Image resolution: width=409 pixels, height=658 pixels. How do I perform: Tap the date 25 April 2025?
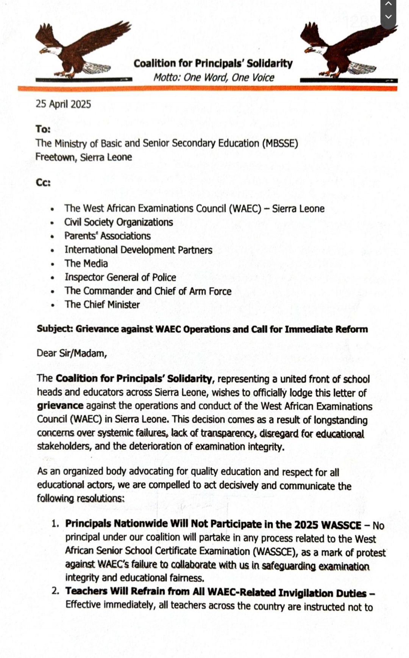click(x=63, y=104)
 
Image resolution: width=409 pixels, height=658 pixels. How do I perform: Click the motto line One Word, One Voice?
click(x=214, y=78)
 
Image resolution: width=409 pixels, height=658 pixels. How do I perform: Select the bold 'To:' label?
click(x=43, y=129)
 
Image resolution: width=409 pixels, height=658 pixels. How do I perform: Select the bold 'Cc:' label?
click(x=43, y=183)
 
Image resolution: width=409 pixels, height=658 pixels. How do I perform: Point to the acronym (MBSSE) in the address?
click(x=280, y=143)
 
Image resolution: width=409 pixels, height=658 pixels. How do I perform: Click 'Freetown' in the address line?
click(x=56, y=157)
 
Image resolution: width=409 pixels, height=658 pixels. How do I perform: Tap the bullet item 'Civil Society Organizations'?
click(x=119, y=222)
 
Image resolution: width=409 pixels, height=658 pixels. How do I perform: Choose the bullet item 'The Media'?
click(x=86, y=264)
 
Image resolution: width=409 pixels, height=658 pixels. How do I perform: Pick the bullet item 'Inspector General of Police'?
click(x=120, y=277)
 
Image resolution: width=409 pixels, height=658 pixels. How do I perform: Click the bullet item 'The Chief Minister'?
click(x=102, y=305)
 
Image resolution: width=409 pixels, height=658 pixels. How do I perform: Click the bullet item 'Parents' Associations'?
click(x=107, y=236)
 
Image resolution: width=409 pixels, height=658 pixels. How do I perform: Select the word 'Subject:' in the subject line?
click(x=55, y=329)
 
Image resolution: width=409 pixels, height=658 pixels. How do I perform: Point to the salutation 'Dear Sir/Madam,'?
click(x=72, y=353)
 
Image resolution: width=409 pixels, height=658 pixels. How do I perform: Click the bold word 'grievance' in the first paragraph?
click(x=60, y=405)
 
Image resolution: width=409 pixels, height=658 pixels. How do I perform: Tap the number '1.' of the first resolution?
click(x=55, y=524)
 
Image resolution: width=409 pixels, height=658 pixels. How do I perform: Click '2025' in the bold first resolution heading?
click(x=306, y=525)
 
